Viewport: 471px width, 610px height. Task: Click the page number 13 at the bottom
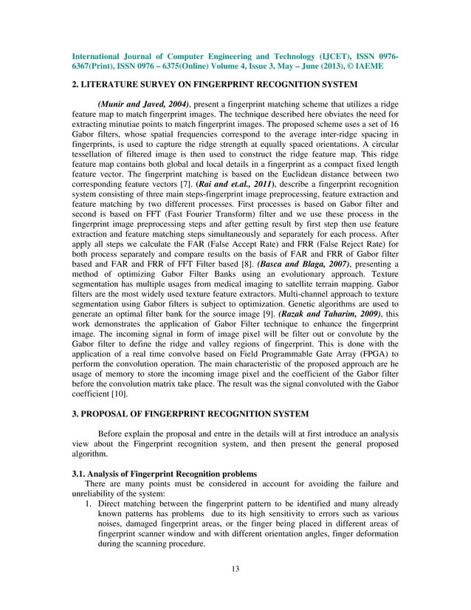(235, 569)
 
